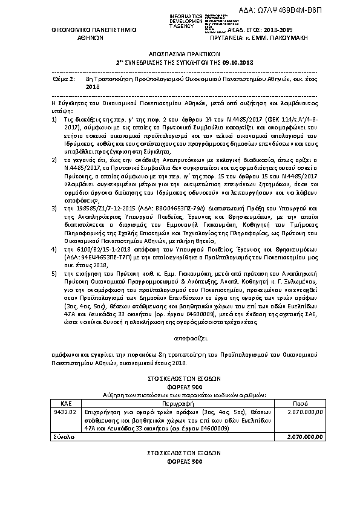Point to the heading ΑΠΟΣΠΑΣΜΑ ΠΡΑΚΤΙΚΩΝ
179,53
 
